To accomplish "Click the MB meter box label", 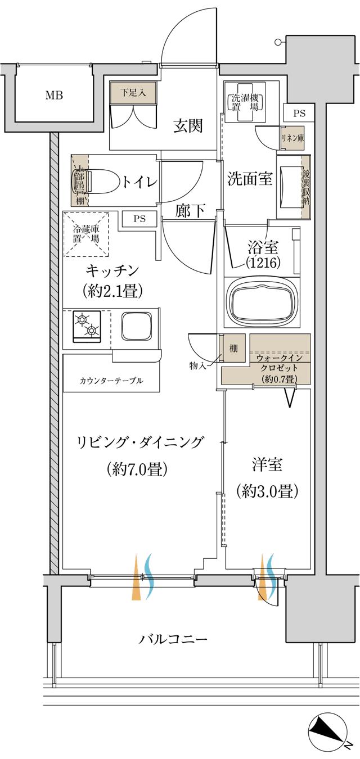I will tap(54, 95).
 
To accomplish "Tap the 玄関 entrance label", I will tap(187, 126).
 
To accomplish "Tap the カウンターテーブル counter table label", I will tap(111, 381).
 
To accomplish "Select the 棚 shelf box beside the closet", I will tap(233, 349).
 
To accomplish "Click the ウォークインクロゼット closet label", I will tap(279, 363).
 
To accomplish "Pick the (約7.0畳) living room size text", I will tap(137, 469).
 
